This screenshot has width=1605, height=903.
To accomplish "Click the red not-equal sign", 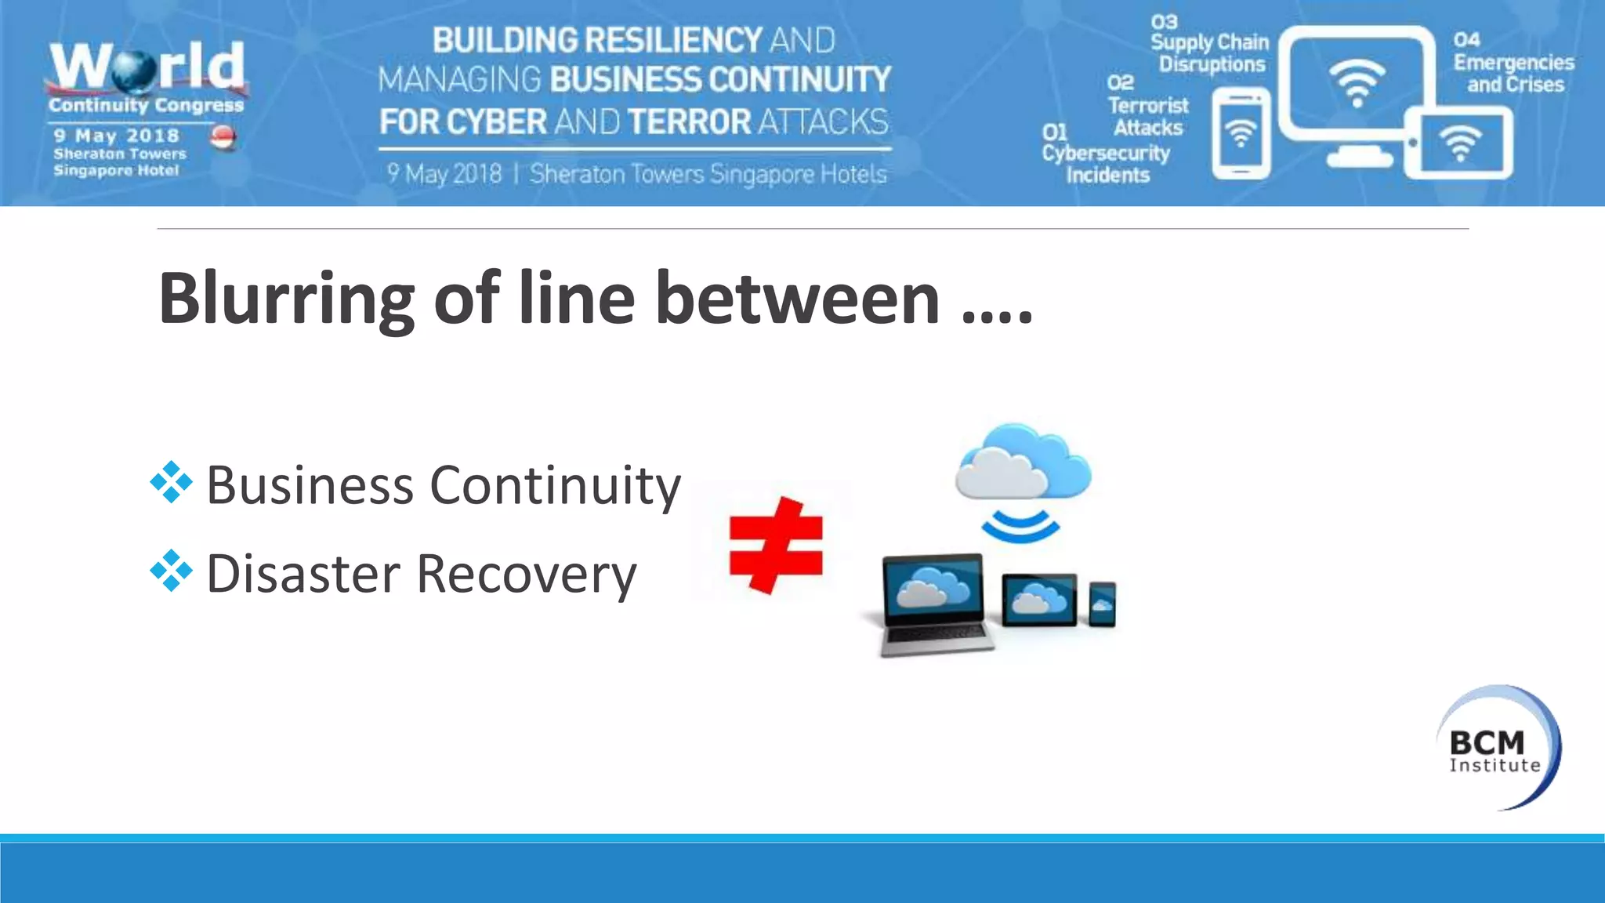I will pos(776,545).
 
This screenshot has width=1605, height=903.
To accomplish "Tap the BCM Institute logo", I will pos(1497,748).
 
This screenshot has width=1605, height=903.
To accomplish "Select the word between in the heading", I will pos(797,299).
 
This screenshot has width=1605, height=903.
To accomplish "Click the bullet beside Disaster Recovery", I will pos(171,571).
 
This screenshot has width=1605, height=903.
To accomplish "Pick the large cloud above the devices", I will pos(1022,462).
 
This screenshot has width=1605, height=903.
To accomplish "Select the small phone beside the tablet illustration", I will pos(1102,604).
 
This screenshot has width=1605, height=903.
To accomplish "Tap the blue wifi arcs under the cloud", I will pos(1020,525).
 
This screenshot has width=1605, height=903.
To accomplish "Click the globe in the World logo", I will pos(135,71).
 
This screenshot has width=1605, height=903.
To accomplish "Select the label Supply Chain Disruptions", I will pos(1211,53).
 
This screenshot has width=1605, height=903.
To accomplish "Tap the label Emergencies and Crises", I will pos(1514,73).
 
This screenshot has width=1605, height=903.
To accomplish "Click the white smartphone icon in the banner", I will pos(1241,134).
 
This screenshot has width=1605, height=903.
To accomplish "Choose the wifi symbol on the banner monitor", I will pos(1357,82).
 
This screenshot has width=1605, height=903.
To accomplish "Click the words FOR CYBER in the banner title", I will pos(462,122).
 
